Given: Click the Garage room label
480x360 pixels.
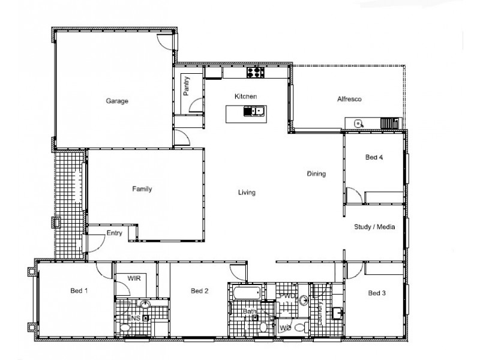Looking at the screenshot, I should [x=118, y=101].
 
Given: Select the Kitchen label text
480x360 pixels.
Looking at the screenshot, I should [x=245, y=96].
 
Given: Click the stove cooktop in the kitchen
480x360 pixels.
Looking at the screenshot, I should [x=256, y=73].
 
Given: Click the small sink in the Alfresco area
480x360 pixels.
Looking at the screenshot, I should [x=358, y=124].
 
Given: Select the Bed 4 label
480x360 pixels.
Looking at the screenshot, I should [x=374, y=158].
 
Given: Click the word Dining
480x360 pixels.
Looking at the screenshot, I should [x=316, y=174].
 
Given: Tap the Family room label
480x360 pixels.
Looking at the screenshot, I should [x=142, y=189].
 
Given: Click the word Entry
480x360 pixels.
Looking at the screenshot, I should [x=114, y=233].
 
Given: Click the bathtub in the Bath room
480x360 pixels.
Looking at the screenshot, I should [x=247, y=294].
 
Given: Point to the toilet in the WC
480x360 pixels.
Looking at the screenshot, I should [x=306, y=327].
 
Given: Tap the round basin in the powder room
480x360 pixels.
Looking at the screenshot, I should [x=304, y=299].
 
